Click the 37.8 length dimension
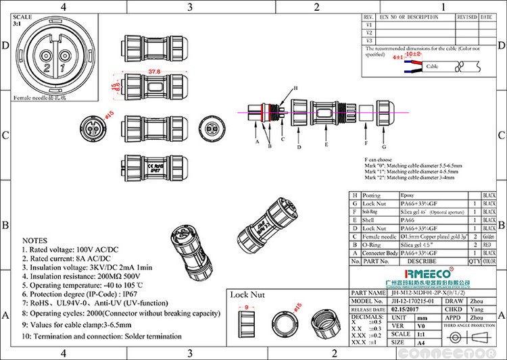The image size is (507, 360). pyautogui.click(x=154, y=70)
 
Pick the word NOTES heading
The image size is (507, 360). pyautogui.click(x=35, y=240)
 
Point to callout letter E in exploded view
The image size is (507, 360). pyautogui.click(x=326, y=145)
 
